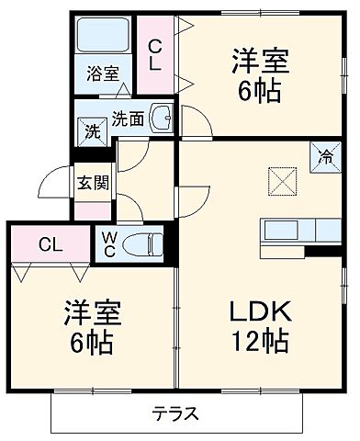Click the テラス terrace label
175,413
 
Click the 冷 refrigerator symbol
327,155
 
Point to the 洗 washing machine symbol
93,131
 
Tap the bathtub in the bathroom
104,38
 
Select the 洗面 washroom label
128,118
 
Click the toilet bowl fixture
146,244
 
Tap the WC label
109,243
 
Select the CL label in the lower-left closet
50,244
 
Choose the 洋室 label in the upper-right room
260,62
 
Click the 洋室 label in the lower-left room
92,313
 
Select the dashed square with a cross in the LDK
282,180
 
